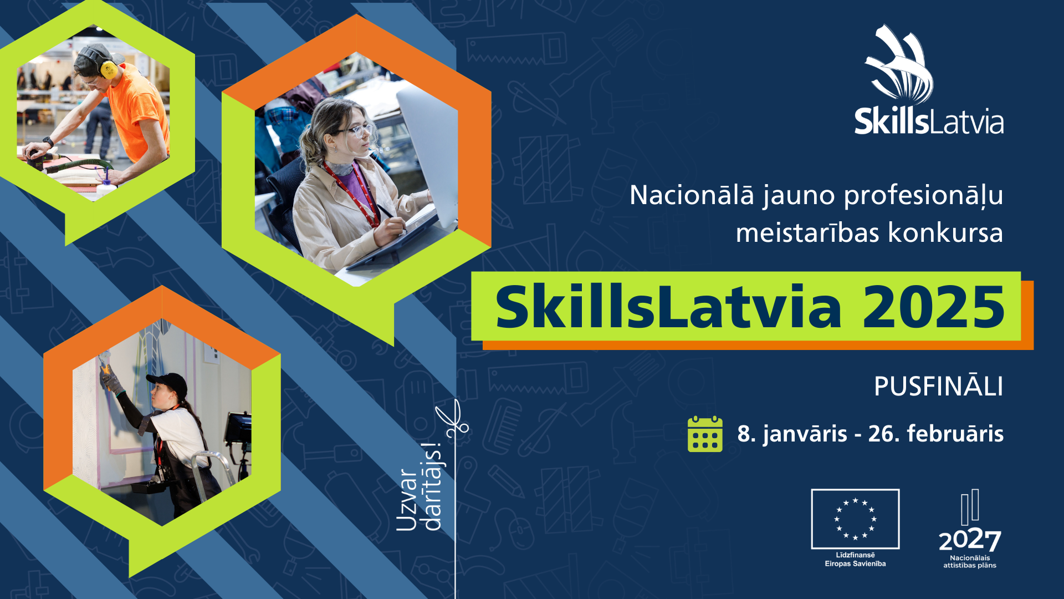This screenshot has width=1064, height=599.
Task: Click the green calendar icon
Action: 705,434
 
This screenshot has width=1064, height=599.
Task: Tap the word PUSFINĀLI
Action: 938,387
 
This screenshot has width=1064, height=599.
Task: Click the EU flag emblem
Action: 855,519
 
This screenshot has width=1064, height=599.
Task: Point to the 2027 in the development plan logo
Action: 970,540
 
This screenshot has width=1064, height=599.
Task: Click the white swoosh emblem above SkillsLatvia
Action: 899,65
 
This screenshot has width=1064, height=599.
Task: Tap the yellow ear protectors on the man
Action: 108,68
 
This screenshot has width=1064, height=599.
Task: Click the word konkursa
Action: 945,232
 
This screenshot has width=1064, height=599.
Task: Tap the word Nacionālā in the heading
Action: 692,195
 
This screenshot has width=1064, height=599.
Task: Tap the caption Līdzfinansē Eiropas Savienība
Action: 855,559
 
